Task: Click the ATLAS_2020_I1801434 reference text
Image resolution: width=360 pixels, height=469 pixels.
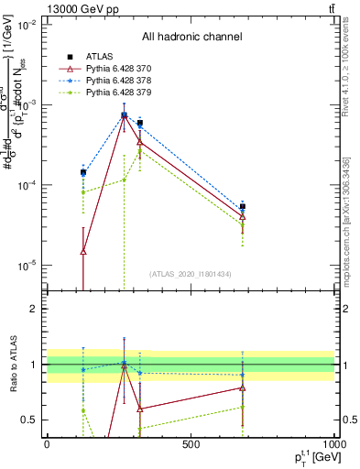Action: [x=191, y=274]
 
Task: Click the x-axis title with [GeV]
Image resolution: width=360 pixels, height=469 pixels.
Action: [x=305, y=458]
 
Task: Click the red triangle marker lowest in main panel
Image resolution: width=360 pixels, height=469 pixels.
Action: [x=83, y=251]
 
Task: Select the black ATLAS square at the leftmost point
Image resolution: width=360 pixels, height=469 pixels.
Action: [x=83, y=172]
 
